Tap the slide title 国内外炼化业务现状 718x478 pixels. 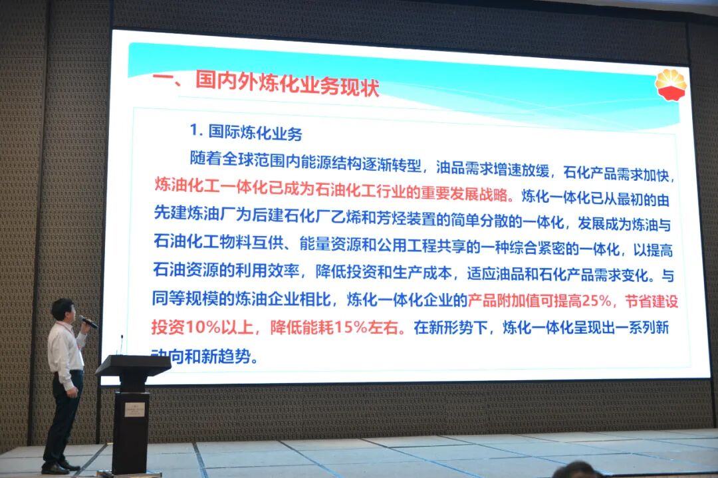287,84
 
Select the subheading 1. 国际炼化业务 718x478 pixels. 246,132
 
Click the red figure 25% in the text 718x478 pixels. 590,301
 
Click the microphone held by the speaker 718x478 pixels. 88,322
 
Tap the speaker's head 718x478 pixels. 62,310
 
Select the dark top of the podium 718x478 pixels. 133,364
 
